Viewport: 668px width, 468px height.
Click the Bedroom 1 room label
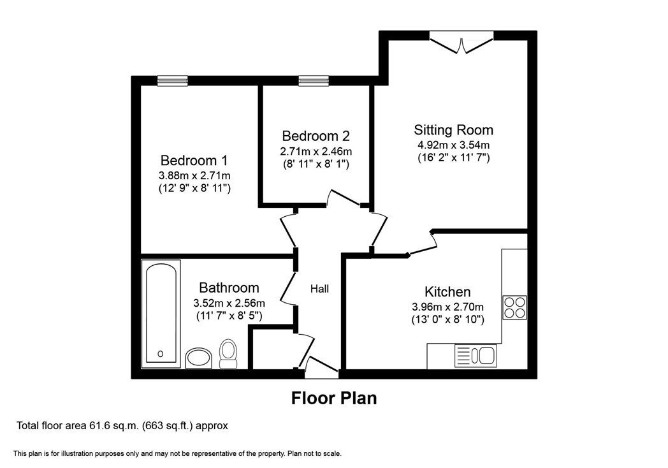pos(194,161)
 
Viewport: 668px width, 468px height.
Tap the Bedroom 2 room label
pos(316,136)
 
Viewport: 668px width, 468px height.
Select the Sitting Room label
pos(453,130)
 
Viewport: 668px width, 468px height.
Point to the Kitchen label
pos(447,292)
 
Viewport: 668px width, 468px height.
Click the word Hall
pos(319,289)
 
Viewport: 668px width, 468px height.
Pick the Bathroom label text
pos(229,288)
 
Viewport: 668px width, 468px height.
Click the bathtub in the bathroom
pos(161,314)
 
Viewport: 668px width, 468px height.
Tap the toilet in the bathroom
pos(228,354)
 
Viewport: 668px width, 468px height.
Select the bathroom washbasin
pos(199,358)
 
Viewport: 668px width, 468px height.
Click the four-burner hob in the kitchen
pos(514,307)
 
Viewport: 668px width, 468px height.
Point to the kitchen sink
pos(476,356)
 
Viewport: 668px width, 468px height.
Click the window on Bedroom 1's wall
pos(173,80)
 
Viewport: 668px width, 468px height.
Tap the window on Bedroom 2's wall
pos(314,80)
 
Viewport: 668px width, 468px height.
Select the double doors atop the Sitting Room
pos(461,43)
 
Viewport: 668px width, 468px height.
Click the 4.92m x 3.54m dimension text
pos(453,145)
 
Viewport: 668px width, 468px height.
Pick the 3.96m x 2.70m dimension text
pos(447,307)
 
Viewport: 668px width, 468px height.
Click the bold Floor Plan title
pos(334,398)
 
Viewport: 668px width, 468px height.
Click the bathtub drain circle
pos(160,354)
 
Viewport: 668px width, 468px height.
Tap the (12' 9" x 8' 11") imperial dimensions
pos(194,188)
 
